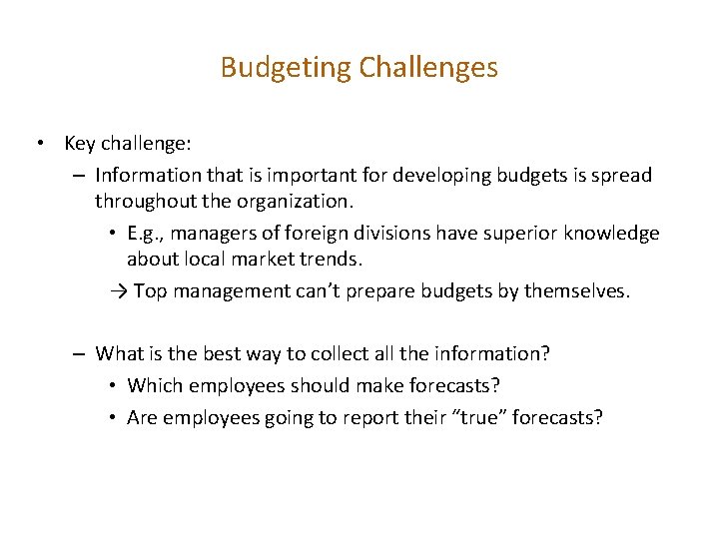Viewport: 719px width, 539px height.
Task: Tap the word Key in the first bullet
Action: click(80, 144)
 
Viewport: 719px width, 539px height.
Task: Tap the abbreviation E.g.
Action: click(146, 234)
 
